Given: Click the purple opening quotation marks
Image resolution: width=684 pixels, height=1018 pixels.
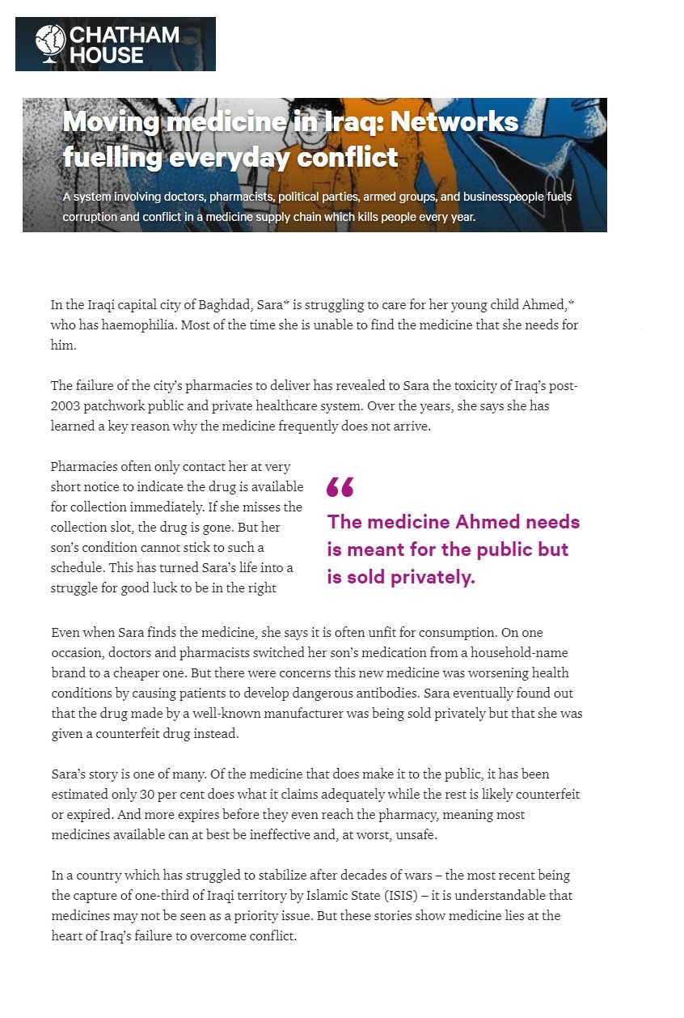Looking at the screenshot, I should coord(340,486).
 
